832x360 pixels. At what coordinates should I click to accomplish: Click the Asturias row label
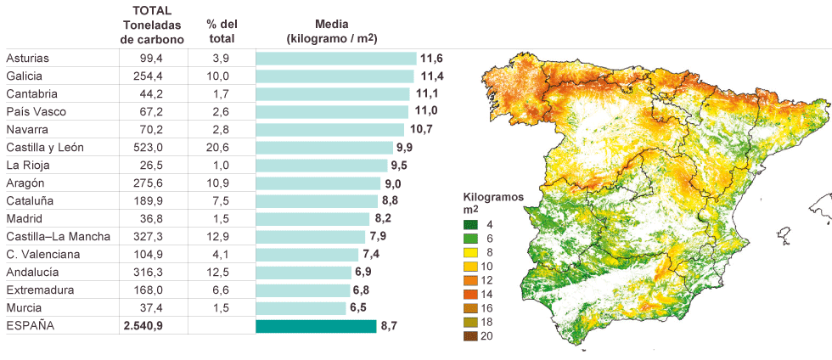(28, 59)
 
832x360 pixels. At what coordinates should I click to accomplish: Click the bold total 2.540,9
(143, 326)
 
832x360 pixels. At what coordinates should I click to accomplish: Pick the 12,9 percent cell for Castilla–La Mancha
(218, 237)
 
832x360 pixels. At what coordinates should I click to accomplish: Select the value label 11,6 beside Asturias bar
(431, 59)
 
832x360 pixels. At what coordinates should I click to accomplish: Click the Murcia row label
(24, 308)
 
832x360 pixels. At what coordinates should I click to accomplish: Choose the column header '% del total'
(221, 31)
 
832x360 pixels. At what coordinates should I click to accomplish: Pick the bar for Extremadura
(303, 290)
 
